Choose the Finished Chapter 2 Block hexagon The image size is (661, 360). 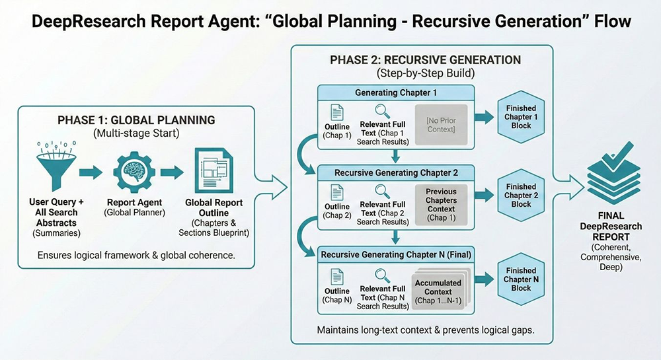point(521,195)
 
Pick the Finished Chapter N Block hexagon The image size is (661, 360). point(521,279)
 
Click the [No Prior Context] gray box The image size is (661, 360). point(441,125)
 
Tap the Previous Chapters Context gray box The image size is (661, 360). point(441,204)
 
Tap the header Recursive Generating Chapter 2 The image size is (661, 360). point(396,172)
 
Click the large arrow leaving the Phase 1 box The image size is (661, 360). point(273,179)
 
